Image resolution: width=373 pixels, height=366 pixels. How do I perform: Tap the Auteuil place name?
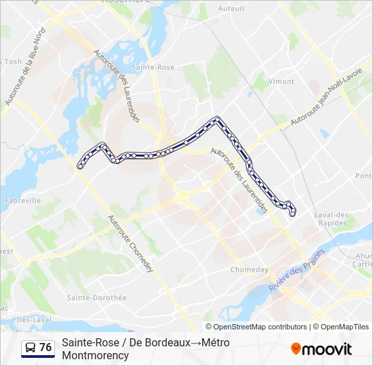pos(231,9)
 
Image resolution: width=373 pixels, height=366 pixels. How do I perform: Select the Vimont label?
pos(281,81)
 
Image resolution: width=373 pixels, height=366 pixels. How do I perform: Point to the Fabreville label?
pos(22,201)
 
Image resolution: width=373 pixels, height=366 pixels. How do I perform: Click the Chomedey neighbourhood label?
pos(250,269)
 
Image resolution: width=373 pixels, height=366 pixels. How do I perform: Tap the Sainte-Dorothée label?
pos(96,298)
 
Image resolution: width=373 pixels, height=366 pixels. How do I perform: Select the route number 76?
pos(45,348)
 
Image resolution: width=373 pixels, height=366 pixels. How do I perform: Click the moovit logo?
pos(321,349)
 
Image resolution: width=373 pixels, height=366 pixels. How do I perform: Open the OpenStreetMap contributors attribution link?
pos(260,327)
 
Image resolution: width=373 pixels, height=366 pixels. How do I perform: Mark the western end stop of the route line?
pos(81,166)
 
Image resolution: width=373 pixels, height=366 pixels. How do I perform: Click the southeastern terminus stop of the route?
pos(292,214)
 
